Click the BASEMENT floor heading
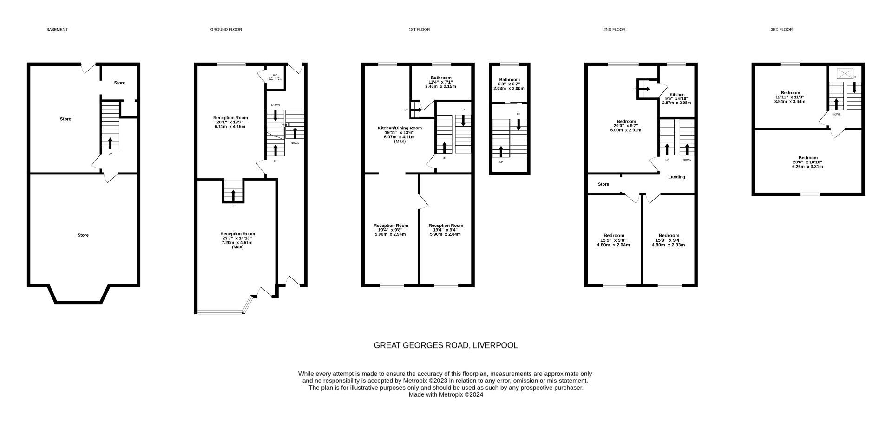pos(57,30)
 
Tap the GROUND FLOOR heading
pos(226,30)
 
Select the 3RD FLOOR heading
pos(781,30)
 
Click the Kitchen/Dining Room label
pos(400,128)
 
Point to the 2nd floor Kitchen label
pos(676,95)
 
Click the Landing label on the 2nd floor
pos(676,177)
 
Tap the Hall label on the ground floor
pos(285,125)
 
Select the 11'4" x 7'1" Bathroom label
pos(440,78)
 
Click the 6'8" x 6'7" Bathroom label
pos(509,80)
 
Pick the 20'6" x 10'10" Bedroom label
pos(807,158)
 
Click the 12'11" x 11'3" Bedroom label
pos(790,93)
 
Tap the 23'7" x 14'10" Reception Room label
pos(237,234)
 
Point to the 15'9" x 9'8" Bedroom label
pos(613,236)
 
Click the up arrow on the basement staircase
pos(110,142)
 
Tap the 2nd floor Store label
pos(603,184)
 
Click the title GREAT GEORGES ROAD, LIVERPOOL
pos(446,345)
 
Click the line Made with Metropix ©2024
pos(446,395)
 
